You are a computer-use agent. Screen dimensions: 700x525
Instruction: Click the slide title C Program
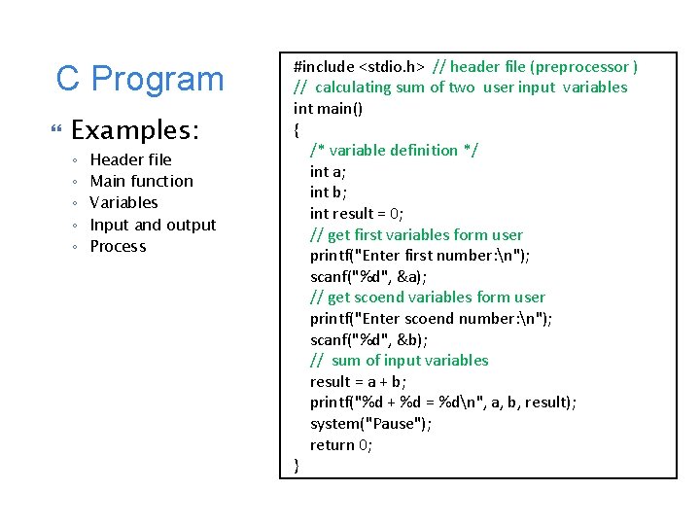(140, 79)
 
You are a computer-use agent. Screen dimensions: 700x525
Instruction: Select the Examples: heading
(135, 130)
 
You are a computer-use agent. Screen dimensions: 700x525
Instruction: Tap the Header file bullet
(130, 159)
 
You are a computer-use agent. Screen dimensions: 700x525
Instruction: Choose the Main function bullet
(141, 181)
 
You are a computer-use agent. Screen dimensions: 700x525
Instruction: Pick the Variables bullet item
(123, 202)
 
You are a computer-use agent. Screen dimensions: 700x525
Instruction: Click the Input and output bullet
(153, 225)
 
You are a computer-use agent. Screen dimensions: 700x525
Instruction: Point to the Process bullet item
(118, 246)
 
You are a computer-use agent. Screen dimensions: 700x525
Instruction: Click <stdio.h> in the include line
(392, 66)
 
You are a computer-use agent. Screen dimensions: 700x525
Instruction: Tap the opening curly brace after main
(297, 128)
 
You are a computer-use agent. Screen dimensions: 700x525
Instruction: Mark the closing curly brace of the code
(297, 466)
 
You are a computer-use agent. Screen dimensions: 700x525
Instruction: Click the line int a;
(326, 171)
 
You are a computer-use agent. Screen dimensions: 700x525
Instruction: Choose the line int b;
(327, 192)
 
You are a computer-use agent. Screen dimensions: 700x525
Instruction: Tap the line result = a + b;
(358, 381)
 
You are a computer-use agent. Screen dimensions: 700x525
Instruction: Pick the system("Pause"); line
(371, 423)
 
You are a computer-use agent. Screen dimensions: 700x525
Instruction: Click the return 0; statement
(341, 444)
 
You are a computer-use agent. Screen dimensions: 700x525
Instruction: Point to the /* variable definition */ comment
(394, 150)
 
